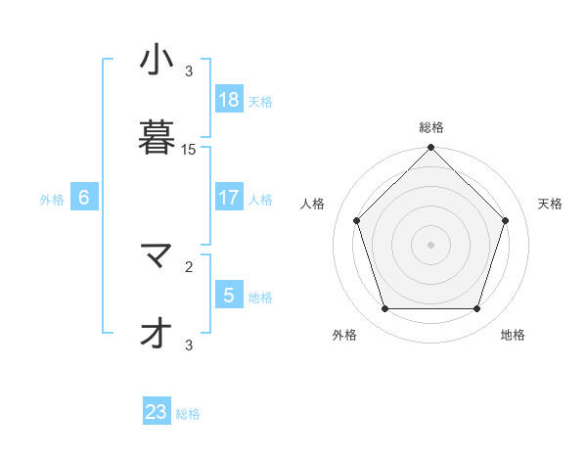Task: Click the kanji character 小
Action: pyautogui.click(x=151, y=61)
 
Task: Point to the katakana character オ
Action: pyautogui.click(x=151, y=334)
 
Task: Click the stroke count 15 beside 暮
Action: pyautogui.click(x=189, y=150)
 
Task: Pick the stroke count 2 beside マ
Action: pyautogui.click(x=189, y=265)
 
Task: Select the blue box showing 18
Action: pyautogui.click(x=229, y=100)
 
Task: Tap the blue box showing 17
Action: pyautogui.click(x=229, y=198)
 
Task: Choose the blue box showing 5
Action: pyautogui.click(x=229, y=295)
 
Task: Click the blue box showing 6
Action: pyautogui.click(x=84, y=198)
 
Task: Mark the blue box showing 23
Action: pyautogui.click(x=157, y=412)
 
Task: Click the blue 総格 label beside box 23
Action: pyautogui.click(x=189, y=414)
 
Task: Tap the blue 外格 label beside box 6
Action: pyautogui.click(x=52, y=200)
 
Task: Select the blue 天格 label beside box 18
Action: pyautogui.click(x=260, y=102)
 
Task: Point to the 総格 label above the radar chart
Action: pyautogui.click(x=431, y=127)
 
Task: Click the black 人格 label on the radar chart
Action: pyautogui.click(x=313, y=204)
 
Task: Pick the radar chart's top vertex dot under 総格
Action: pyautogui.click(x=431, y=149)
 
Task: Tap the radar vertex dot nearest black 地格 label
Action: pyautogui.click(x=476, y=309)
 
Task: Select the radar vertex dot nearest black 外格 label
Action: pyautogui.click(x=384, y=309)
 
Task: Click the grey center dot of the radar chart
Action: pyautogui.click(x=431, y=245)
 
